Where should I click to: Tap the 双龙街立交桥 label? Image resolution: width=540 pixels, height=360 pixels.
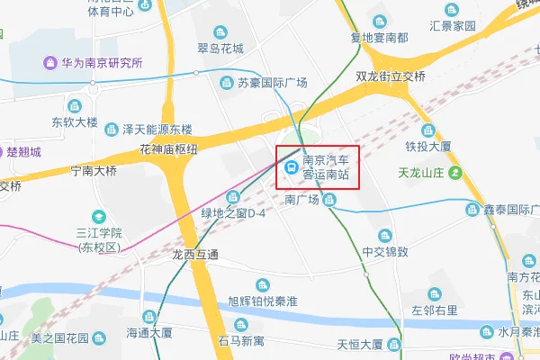pyautogui.click(x=390, y=76)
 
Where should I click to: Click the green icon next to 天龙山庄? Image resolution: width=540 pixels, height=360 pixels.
pyautogui.click(x=456, y=172)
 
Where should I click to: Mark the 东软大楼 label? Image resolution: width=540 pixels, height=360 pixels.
pyautogui.click(x=74, y=121)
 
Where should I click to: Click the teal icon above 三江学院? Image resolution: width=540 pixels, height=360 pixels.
pyautogui.click(x=98, y=216)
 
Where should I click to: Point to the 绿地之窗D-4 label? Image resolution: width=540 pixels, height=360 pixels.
pyautogui.click(x=232, y=213)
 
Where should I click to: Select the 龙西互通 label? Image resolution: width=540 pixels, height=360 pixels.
pyautogui.click(x=195, y=255)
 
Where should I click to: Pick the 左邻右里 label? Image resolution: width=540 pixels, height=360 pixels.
pyautogui.click(x=435, y=310)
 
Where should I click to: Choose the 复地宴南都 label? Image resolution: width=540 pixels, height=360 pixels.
pyautogui.click(x=379, y=38)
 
